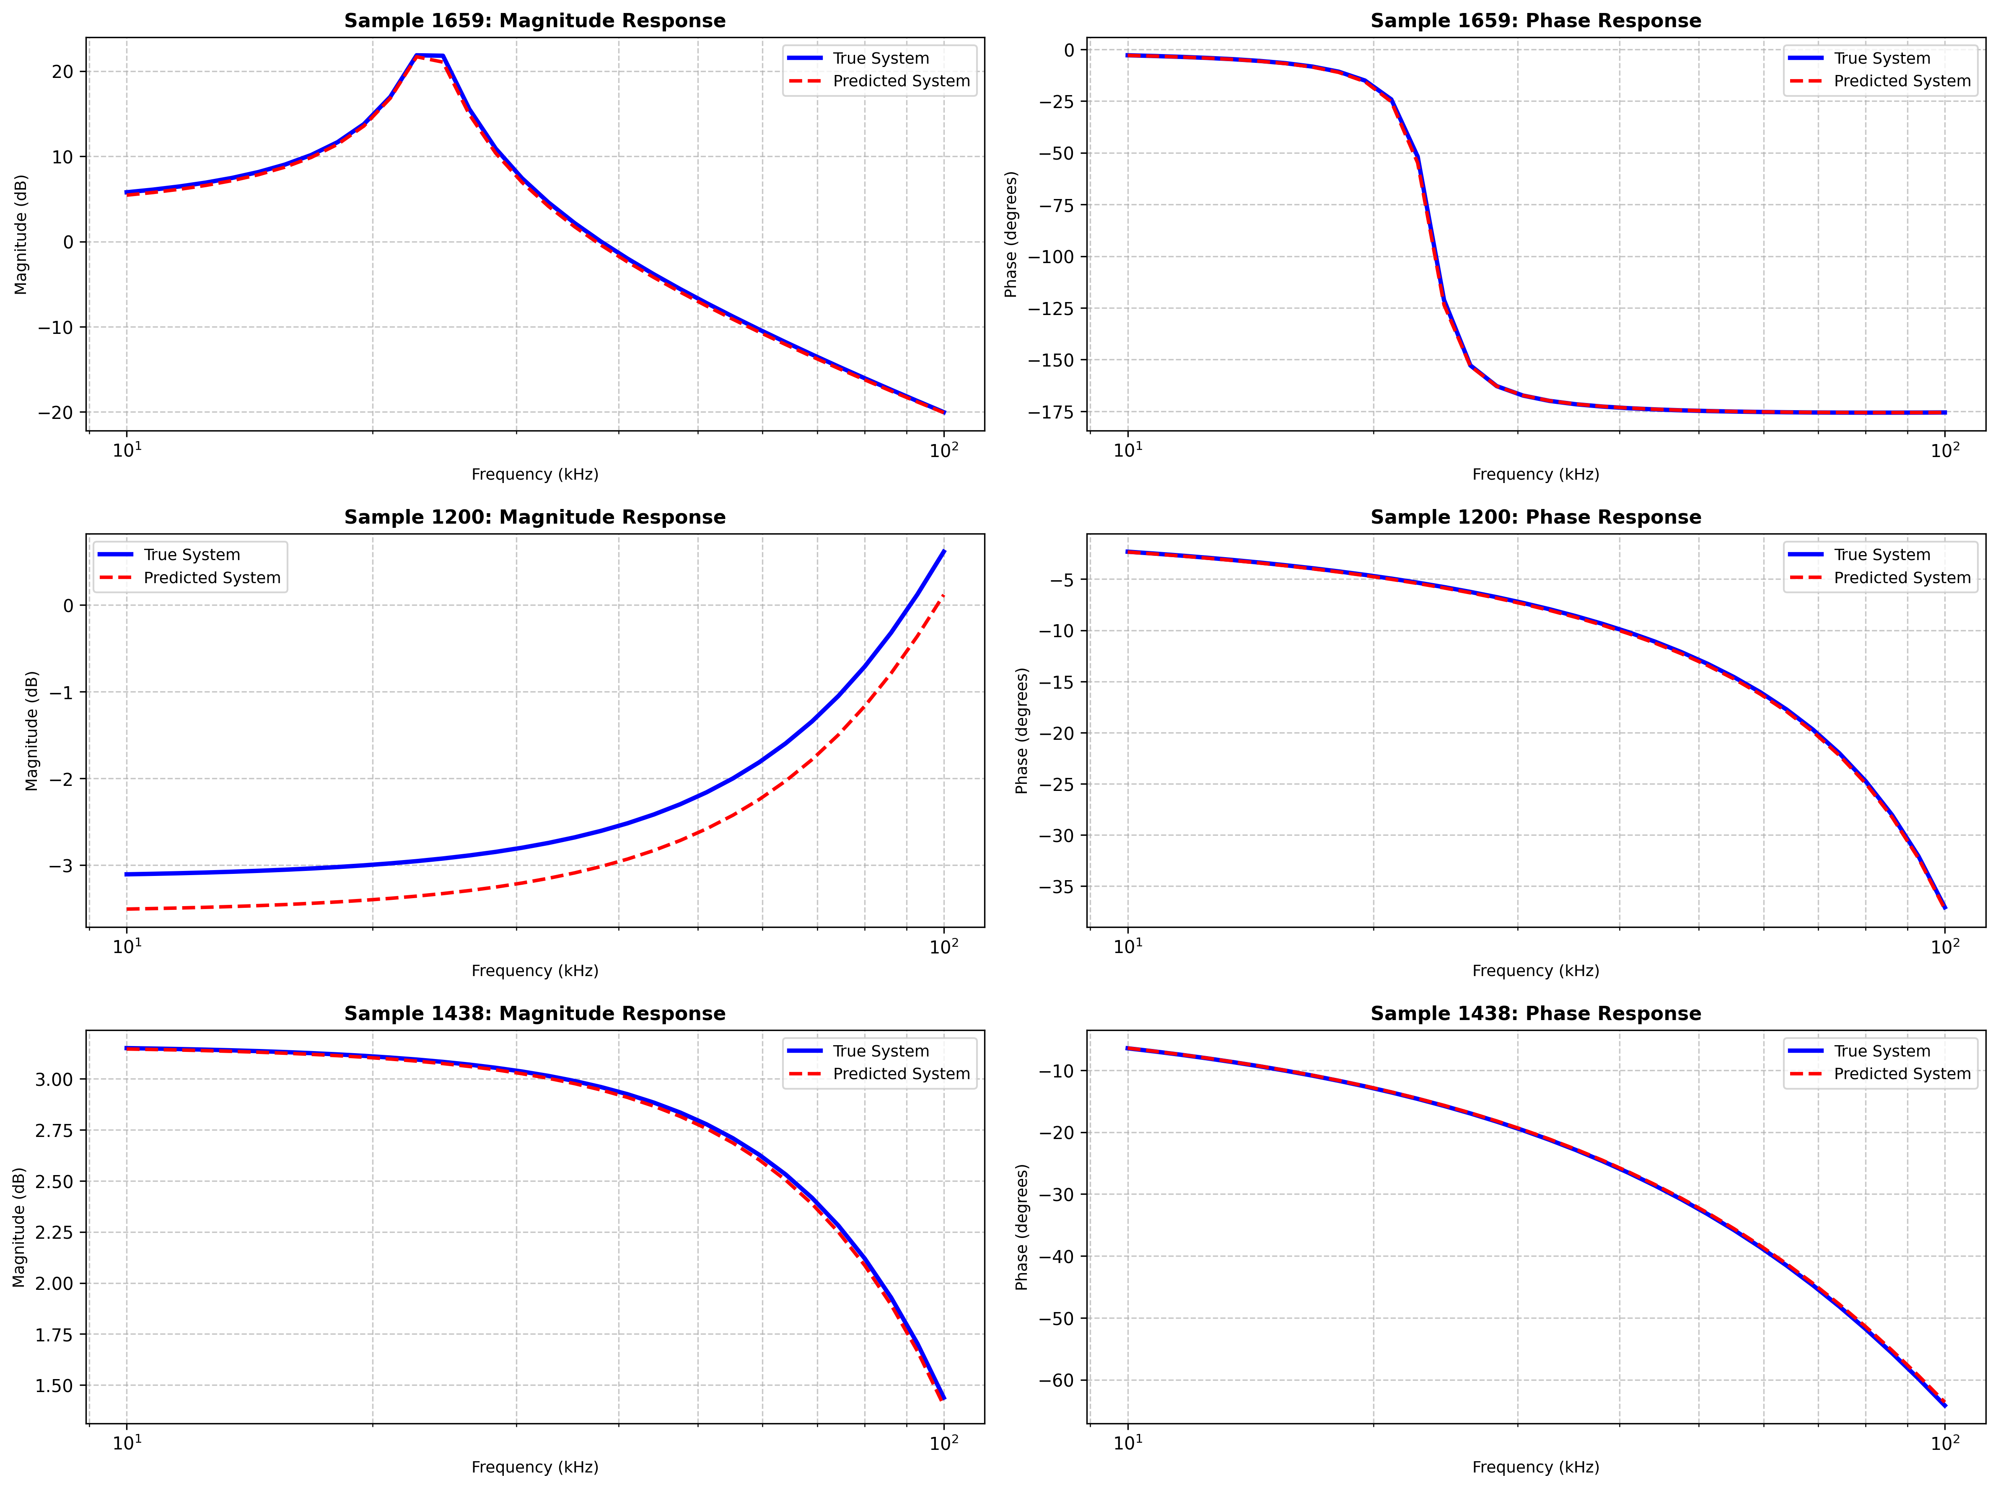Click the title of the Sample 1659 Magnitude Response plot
534,21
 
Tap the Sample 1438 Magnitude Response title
534,1013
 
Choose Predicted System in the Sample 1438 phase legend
1902,1074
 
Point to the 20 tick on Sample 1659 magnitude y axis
63,71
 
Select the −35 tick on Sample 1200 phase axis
1056,887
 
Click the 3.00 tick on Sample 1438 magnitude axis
54,1079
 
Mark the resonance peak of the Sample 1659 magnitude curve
429,55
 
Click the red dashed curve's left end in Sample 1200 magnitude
127,909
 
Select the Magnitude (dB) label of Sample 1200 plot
32,731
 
